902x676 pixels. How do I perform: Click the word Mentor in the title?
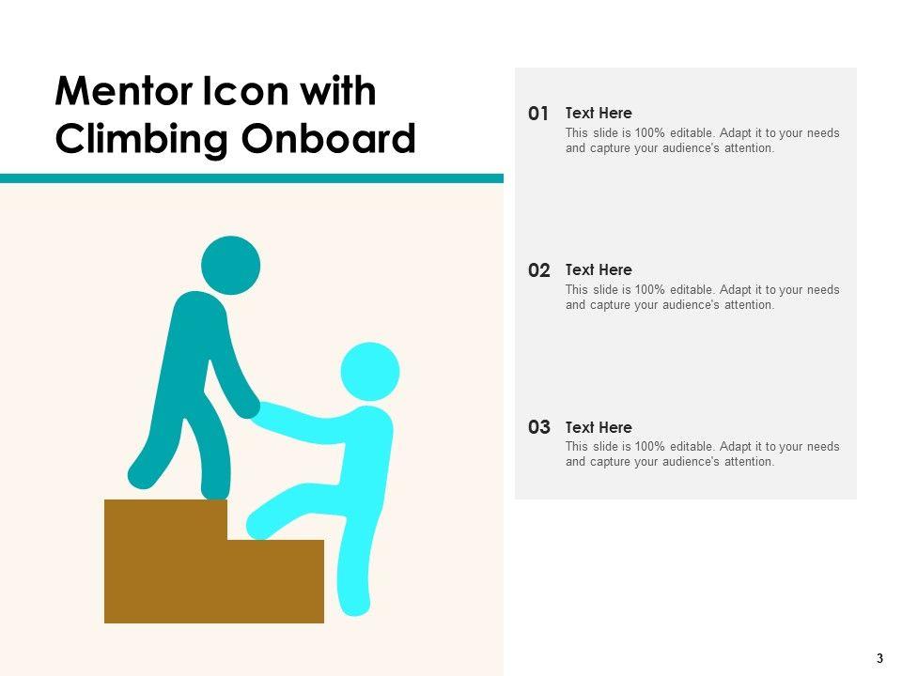(x=125, y=91)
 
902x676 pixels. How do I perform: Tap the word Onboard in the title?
(x=329, y=138)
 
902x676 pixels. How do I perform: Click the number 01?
(x=538, y=114)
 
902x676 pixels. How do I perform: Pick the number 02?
(x=539, y=270)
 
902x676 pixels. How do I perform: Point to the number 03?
(x=539, y=427)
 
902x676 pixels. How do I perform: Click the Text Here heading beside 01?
(x=599, y=113)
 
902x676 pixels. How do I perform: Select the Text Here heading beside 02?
(x=599, y=269)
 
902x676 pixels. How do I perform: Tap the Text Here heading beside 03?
(x=599, y=427)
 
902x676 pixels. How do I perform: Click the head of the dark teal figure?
(x=231, y=265)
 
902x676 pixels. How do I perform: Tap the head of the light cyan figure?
(x=370, y=372)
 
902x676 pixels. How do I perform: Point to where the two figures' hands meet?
(x=254, y=409)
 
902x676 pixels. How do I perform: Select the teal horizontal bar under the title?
(x=252, y=178)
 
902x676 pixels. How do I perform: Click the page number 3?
(x=879, y=659)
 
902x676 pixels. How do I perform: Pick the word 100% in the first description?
(x=649, y=132)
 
